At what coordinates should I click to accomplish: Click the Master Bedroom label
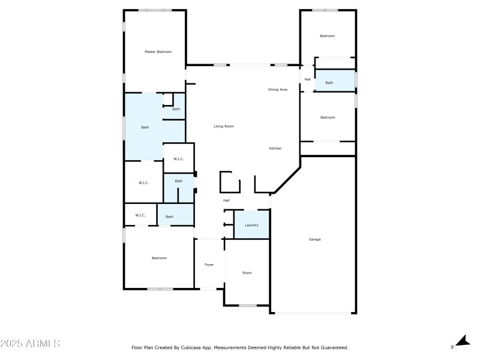tap(158, 52)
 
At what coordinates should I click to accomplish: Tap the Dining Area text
tap(277, 89)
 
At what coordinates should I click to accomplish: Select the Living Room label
tap(224, 127)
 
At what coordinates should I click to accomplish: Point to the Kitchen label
tap(275, 148)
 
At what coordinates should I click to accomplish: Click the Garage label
tap(314, 239)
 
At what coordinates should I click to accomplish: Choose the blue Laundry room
tap(251, 225)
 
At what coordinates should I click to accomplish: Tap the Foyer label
tap(209, 265)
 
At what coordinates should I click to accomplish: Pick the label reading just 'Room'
tap(247, 273)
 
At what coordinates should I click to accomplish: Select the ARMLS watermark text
tap(30, 344)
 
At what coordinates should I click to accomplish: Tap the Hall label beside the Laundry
tap(226, 200)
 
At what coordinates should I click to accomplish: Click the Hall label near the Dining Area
tap(307, 79)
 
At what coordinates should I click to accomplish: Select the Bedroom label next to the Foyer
tap(159, 258)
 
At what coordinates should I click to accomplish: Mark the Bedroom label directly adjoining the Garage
tap(327, 118)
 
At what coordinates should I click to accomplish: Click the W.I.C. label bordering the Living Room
tap(178, 159)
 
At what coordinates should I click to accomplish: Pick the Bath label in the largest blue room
tap(145, 127)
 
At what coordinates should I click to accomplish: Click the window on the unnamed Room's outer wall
tap(247, 305)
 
